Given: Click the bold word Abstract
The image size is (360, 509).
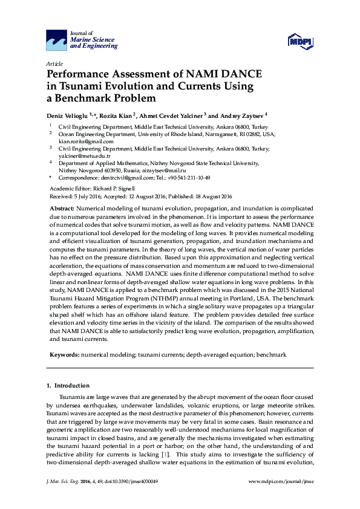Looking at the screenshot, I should [62, 207].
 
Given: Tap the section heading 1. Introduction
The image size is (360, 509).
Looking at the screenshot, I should [68, 386].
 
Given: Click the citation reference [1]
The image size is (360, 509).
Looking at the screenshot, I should [165, 453].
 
